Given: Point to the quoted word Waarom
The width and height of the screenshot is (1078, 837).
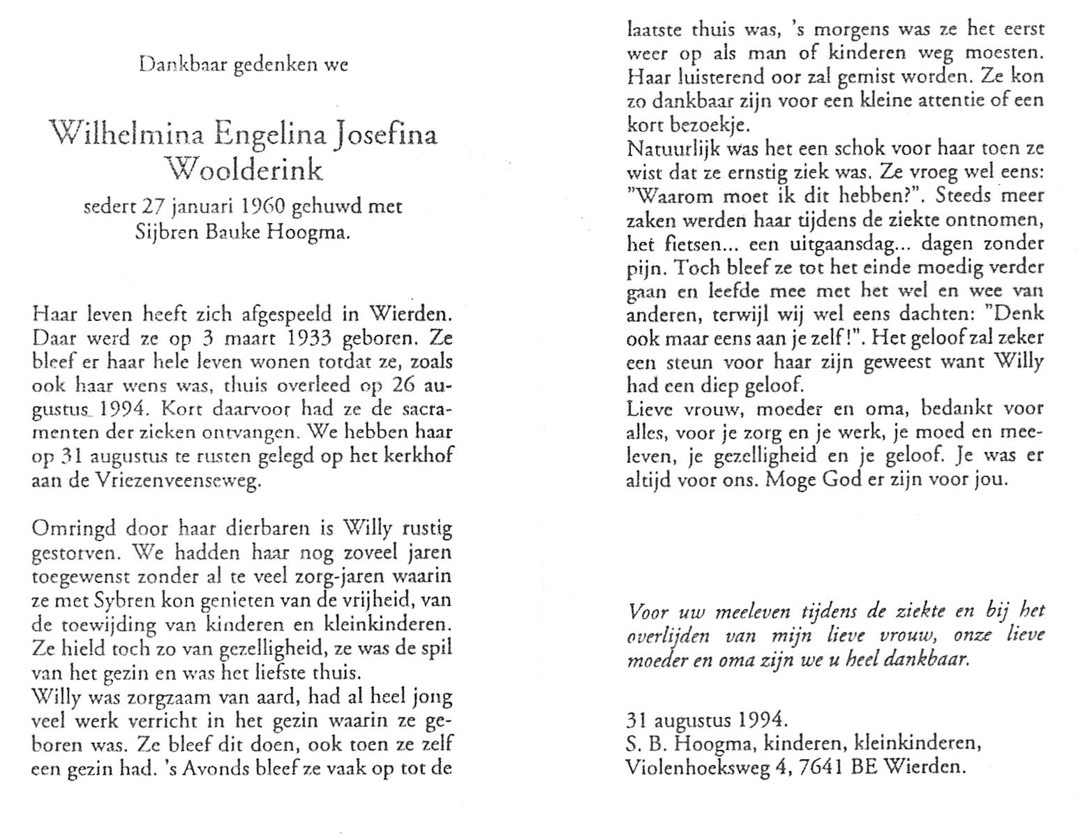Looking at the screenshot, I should pos(671,196).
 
